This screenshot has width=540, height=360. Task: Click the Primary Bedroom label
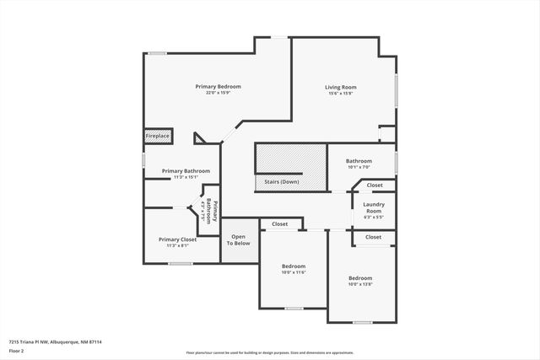(x=218, y=87)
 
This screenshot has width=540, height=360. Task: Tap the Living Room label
(x=341, y=87)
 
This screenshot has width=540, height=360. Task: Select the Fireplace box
(x=158, y=136)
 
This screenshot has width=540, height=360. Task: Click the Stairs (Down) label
(x=278, y=182)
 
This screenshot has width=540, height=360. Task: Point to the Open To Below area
(x=239, y=239)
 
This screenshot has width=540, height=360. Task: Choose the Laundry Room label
(x=373, y=207)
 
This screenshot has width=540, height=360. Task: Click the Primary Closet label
(x=177, y=239)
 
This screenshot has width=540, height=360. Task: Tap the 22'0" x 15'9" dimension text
(x=218, y=93)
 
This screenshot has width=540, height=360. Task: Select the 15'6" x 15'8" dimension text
(x=341, y=93)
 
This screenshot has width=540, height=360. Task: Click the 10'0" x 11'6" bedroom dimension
(x=293, y=272)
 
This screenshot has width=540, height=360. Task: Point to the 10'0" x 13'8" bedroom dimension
(x=360, y=284)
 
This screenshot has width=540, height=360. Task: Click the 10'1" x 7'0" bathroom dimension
(x=359, y=167)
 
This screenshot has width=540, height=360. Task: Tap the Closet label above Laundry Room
(x=374, y=185)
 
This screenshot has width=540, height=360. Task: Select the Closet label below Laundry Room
(x=373, y=238)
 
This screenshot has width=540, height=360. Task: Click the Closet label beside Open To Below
(x=279, y=224)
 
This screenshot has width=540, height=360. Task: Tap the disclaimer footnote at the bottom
(x=269, y=353)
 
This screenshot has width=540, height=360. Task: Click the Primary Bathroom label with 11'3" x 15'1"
(x=186, y=171)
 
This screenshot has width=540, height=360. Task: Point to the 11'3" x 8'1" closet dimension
(x=177, y=245)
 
